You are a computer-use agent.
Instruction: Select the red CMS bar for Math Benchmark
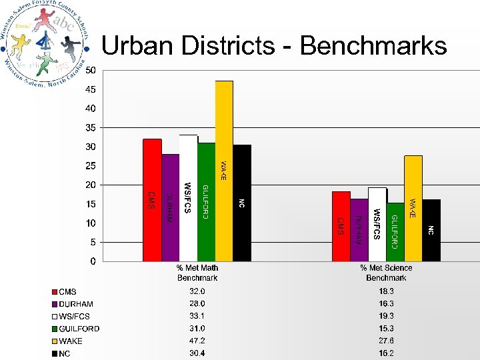click(152, 200)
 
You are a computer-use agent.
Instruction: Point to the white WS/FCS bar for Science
click(377, 224)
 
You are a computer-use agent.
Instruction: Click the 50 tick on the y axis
click(89, 70)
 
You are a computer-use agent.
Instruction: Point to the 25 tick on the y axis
click(89, 165)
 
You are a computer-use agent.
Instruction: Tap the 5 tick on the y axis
click(92, 242)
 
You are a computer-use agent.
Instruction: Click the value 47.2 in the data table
click(197, 341)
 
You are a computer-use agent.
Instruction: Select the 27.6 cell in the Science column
click(386, 341)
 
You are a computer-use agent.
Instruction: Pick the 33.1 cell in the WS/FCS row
click(197, 316)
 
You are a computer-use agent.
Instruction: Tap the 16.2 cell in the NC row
click(386, 353)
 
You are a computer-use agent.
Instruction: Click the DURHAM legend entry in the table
click(76, 304)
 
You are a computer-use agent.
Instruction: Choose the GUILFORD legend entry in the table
click(79, 329)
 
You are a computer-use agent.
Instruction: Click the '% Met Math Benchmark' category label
click(197, 273)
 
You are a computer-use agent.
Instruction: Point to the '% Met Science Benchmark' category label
click(386, 273)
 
